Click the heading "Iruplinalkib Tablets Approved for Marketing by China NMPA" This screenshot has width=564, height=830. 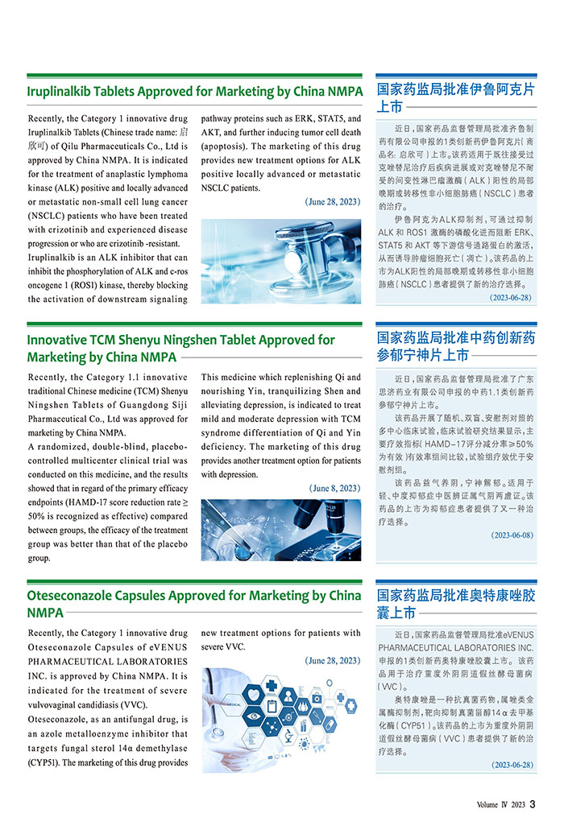[x=194, y=91]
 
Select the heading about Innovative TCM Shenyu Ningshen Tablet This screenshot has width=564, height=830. [x=180, y=348]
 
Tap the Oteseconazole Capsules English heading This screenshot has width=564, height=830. [x=193, y=604]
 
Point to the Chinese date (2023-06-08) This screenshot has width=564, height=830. [x=512, y=535]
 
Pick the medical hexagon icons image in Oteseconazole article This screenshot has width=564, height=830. [x=280, y=720]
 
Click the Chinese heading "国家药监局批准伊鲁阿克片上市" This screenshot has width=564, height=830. [x=455, y=97]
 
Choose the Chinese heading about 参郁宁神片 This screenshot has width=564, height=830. [x=455, y=345]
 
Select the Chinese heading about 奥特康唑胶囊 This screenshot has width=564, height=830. [x=455, y=604]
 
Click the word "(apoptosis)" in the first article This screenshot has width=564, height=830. [x=228, y=147]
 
